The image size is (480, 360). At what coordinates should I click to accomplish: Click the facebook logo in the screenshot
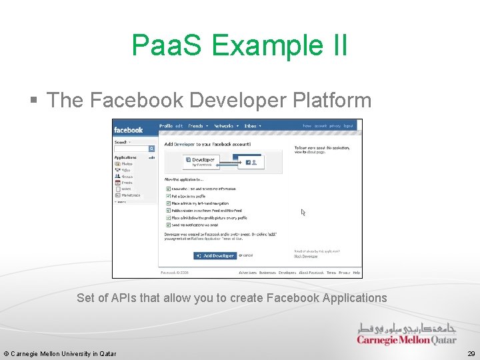click(x=128, y=129)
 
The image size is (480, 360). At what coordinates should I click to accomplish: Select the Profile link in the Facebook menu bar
click(x=166, y=126)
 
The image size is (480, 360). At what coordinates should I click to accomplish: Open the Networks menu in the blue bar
click(x=225, y=126)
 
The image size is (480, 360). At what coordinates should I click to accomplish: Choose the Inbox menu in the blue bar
click(x=251, y=126)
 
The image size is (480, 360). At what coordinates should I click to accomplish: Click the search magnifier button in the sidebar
click(x=151, y=149)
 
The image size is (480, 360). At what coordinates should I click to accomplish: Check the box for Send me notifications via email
click(x=168, y=225)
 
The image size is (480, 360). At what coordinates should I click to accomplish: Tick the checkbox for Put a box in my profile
click(x=168, y=196)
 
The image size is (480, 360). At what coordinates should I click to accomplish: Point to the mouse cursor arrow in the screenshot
click(x=303, y=213)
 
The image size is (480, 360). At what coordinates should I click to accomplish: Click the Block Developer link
click(x=306, y=256)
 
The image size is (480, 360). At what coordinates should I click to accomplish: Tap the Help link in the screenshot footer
click(x=357, y=273)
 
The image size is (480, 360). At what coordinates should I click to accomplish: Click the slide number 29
click(x=471, y=353)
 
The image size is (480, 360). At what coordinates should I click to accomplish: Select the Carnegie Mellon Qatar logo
click(x=407, y=334)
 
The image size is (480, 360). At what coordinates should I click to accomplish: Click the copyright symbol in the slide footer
click(x=6, y=353)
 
